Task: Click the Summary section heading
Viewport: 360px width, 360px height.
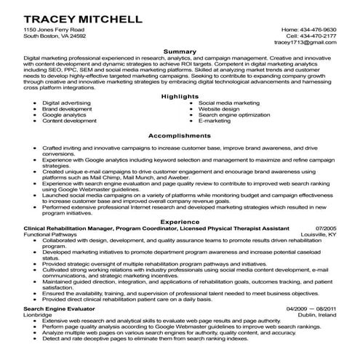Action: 180,52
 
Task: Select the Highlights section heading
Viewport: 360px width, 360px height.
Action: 180,97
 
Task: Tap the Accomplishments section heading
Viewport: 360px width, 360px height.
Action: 180,136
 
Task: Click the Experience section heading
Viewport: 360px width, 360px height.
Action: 180,222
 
